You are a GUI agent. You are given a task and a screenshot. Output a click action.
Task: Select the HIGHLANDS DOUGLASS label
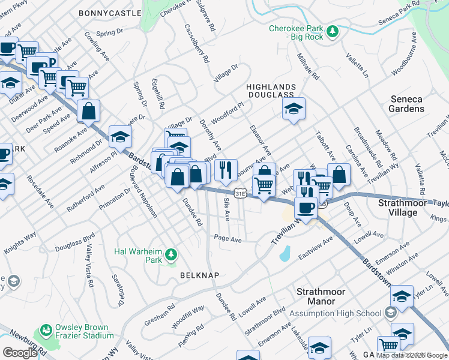click(x=270, y=91)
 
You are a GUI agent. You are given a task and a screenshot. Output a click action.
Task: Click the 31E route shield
click(x=240, y=193)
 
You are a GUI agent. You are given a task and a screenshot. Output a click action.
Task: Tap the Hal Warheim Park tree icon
click(x=171, y=255)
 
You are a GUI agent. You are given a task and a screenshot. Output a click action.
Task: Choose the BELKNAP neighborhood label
click(x=199, y=275)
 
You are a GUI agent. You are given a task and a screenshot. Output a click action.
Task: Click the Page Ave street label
click(x=228, y=239)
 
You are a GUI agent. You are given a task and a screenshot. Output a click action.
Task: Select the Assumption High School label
click(x=336, y=313)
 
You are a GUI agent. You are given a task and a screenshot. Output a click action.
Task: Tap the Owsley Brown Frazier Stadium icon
click(x=45, y=331)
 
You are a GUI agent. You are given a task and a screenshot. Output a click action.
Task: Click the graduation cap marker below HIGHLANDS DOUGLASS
click(x=294, y=109)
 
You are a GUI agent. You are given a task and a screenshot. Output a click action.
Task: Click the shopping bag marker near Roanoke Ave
click(x=88, y=112)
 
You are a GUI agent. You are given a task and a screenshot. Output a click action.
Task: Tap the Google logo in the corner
click(x=19, y=352)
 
